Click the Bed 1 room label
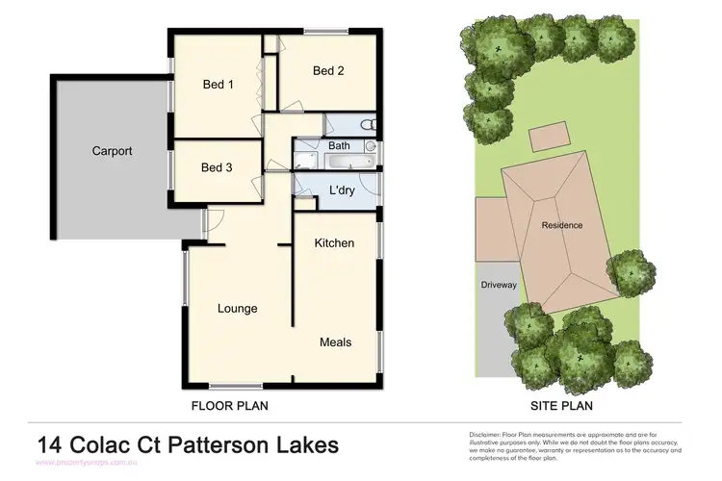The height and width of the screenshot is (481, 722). (218, 85)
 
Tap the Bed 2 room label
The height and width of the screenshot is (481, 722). (328, 70)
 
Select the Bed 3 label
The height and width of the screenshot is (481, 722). (217, 167)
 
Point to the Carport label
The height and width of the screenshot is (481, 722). (112, 151)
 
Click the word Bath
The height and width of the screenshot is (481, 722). (340, 146)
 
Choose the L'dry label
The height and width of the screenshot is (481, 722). (344, 190)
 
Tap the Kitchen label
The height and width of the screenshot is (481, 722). (334, 243)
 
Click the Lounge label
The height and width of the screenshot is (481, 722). (237, 309)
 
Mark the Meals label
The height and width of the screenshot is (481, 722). (335, 342)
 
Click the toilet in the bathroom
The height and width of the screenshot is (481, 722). (366, 125)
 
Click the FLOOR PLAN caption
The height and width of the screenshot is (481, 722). (229, 406)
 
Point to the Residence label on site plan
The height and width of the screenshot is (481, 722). (561, 226)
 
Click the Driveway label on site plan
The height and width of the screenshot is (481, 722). (499, 285)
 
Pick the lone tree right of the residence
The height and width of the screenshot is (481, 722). (632, 272)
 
